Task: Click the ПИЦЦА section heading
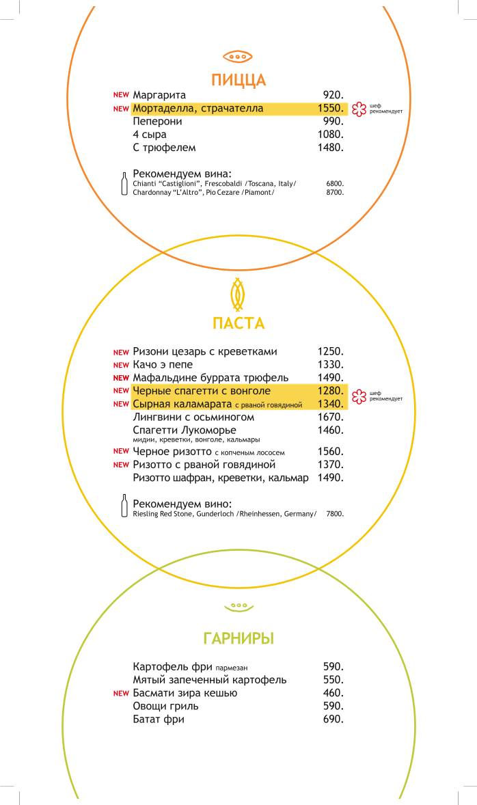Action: click(x=238, y=80)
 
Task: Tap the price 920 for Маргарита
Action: click(x=333, y=95)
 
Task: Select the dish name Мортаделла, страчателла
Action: click(x=198, y=108)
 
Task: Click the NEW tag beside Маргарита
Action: click(x=121, y=95)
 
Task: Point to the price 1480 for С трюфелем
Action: click(x=330, y=147)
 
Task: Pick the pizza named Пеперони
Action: click(x=158, y=121)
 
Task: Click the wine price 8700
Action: click(x=335, y=193)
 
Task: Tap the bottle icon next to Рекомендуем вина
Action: click(x=124, y=183)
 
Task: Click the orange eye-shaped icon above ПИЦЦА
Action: click(x=238, y=56)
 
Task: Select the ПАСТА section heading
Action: click(x=238, y=323)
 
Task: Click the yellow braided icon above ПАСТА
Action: click(x=238, y=294)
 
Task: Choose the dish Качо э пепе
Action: click(x=163, y=365)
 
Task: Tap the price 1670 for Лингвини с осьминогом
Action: click(x=330, y=417)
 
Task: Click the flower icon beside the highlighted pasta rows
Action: click(x=359, y=397)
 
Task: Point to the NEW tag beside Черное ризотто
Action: click(x=121, y=452)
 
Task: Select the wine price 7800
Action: click(x=335, y=514)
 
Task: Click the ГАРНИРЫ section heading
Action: click(x=238, y=639)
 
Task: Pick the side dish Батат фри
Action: click(x=159, y=719)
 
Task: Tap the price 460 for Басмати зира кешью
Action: click(x=333, y=693)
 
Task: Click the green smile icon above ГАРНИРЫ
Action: click(x=238, y=606)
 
